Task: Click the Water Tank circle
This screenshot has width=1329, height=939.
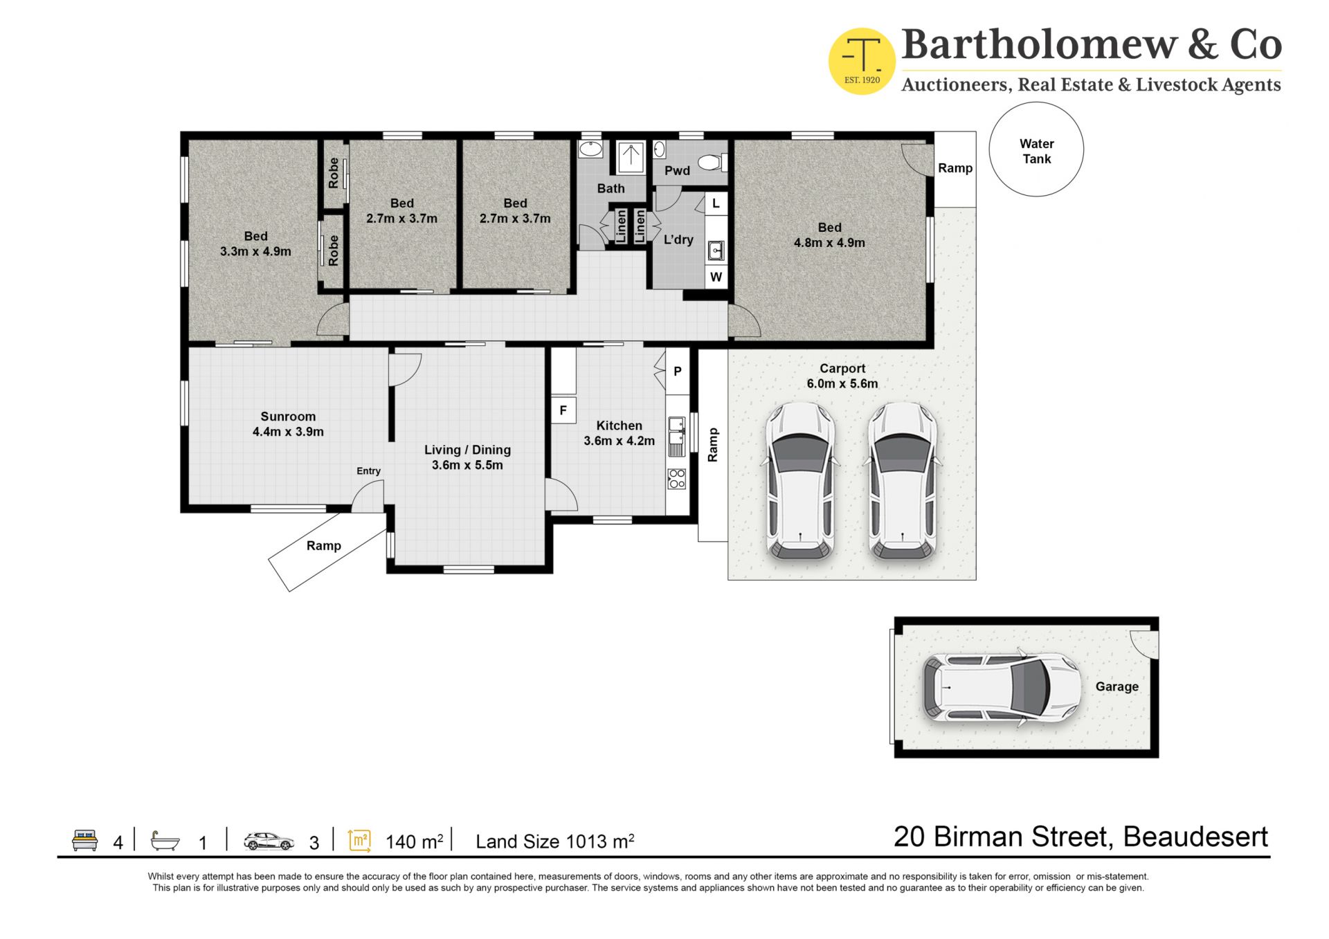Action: [x=1036, y=102]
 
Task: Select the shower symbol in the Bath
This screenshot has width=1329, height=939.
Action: [x=631, y=158]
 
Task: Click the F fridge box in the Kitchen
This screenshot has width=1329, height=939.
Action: [x=563, y=410]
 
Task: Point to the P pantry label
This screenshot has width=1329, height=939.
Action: [x=678, y=372]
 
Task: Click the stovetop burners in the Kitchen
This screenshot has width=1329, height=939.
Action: [x=677, y=479]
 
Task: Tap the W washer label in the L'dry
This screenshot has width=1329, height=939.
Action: [x=716, y=277]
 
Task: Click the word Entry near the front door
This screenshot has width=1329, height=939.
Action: [x=368, y=471]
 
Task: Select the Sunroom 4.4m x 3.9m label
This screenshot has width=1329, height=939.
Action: [x=288, y=424]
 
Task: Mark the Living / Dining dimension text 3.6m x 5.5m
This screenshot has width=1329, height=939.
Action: [x=467, y=465]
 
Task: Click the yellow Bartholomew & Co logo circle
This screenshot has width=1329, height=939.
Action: [x=862, y=62]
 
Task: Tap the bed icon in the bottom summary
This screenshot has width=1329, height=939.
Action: [x=85, y=840]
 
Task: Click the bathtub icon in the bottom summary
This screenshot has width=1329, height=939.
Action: [x=165, y=841]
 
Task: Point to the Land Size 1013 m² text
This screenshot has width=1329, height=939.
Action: [x=555, y=841]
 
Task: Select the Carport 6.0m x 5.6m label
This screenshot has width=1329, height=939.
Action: [x=842, y=376]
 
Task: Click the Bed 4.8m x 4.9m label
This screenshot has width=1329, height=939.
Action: [x=829, y=235]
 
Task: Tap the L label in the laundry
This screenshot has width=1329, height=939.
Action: [x=716, y=203]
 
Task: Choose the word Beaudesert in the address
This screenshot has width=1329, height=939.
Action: [x=1196, y=837]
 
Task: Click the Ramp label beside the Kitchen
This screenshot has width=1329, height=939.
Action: [x=712, y=445]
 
